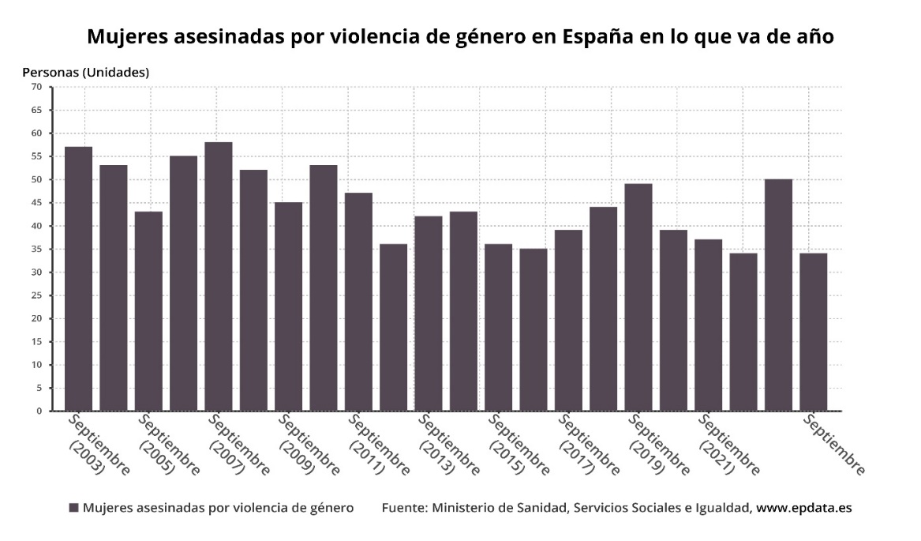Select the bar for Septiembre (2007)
219,276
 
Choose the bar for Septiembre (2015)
498,327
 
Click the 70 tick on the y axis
36,87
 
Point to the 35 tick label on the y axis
36,250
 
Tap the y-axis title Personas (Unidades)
85,72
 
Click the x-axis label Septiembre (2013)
447,446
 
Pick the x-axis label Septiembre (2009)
307,446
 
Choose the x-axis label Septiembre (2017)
586,446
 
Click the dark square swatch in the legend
73,508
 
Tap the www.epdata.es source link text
804,508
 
